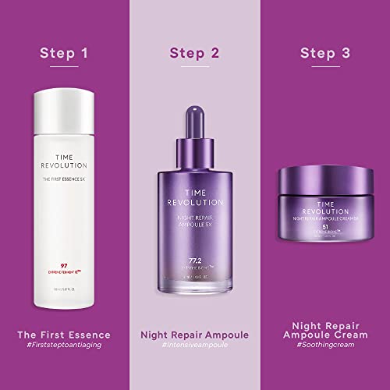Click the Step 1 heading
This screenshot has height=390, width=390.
pyautogui.click(x=65, y=54)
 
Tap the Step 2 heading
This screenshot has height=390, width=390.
pyautogui.click(x=194, y=54)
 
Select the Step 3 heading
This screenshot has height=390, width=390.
pyautogui.click(x=324, y=54)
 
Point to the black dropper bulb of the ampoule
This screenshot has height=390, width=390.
pyautogui.click(x=194, y=118)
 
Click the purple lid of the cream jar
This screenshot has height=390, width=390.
pyautogui.click(x=324, y=184)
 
